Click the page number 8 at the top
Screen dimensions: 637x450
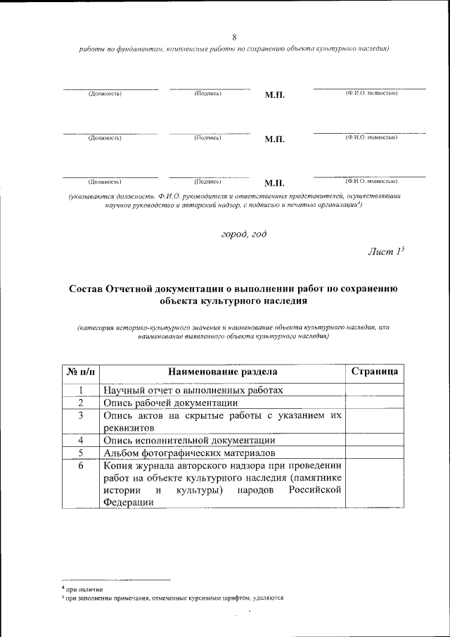pyautogui.click(x=234, y=37)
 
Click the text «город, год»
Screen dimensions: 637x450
pyautogui.click(x=243, y=234)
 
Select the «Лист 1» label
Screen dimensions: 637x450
pyautogui.click(x=386, y=252)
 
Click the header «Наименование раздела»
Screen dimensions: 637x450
pyautogui.click(x=223, y=372)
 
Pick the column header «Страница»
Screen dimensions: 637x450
pyautogui.click(x=375, y=372)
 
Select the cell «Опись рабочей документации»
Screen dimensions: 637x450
pyautogui.click(x=170, y=403)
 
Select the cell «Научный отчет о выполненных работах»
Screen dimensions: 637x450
pyautogui.click(x=194, y=390)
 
